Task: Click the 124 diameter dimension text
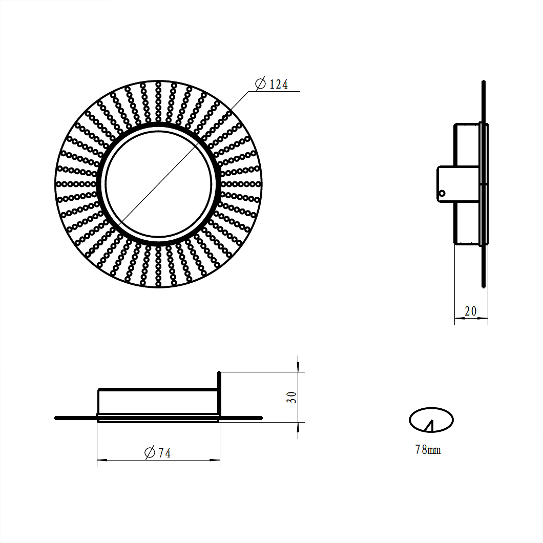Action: [x=279, y=84]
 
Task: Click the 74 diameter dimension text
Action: [x=164, y=453]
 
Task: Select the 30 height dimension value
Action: [x=291, y=397]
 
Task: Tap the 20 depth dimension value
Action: [x=471, y=311]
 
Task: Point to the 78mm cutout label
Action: [x=428, y=449]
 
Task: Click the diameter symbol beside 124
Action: [x=260, y=84]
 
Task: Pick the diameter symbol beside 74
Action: [x=150, y=453]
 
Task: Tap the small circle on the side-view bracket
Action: [x=442, y=194]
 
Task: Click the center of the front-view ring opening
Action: [x=159, y=184]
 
